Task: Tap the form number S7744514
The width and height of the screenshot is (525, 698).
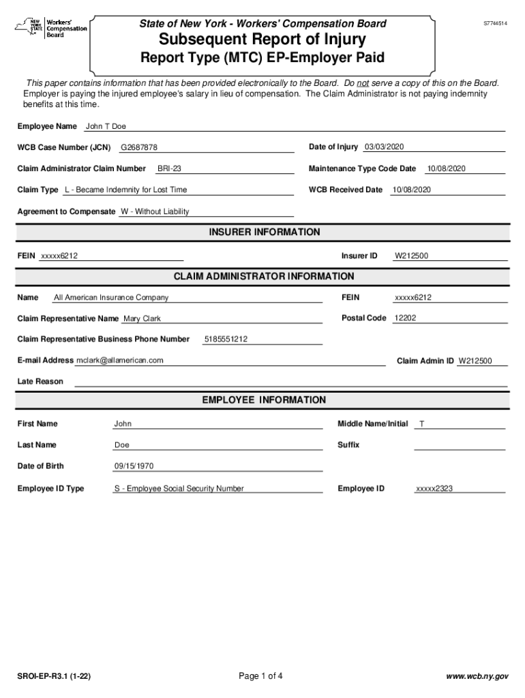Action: [x=496, y=23]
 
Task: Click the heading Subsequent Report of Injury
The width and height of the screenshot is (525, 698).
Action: [x=262, y=40]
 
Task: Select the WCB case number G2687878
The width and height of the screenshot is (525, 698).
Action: [x=139, y=148]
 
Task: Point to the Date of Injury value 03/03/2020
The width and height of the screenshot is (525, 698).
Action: [x=384, y=147]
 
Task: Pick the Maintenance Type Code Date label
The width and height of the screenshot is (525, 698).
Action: [x=362, y=168]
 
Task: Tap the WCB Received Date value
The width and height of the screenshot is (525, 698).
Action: [x=410, y=189]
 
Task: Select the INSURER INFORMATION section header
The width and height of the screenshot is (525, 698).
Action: [x=264, y=232]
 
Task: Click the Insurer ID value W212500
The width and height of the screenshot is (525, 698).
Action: [x=412, y=256]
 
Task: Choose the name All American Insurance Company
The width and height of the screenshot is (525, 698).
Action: [x=111, y=298]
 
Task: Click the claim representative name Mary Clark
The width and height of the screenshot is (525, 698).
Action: [x=142, y=319]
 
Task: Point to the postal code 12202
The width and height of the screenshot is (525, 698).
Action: [x=405, y=318]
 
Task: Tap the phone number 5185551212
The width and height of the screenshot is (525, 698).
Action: [x=226, y=339]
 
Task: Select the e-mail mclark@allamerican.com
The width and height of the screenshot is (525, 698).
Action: [x=120, y=361]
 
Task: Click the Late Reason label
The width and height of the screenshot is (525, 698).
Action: [x=40, y=382]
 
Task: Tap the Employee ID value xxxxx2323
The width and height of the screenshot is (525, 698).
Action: [x=434, y=489]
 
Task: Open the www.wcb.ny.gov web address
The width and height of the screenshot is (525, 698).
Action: [x=477, y=677]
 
